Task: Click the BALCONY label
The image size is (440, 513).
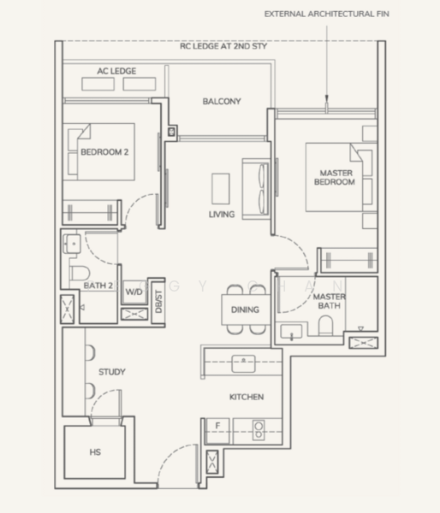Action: [x=222, y=102]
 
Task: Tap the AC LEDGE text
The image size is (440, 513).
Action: [x=116, y=71]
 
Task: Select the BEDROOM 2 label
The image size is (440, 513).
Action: [x=104, y=152]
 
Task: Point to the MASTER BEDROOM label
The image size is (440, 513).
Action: [x=335, y=177]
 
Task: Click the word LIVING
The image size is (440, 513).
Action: [x=222, y=215]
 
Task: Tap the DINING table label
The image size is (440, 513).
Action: [x=245, y=310]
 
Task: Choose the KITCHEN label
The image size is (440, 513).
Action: [x=247, y=397]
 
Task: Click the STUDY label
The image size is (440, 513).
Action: [x=112, y=372]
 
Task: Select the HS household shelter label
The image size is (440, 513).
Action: [x=95, y=452]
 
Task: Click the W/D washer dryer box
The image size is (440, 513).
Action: [x=134, y=292]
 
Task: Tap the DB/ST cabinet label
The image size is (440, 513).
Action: [x=158, y=301]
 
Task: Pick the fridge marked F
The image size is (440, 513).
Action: [x=218, y=431]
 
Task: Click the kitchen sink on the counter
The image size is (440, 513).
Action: [x=243, y=363]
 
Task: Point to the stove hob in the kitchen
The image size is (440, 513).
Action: [x=259, y=430]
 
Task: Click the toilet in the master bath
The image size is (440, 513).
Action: [x=325, y=325]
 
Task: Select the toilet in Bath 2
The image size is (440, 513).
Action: [x=80, y=274]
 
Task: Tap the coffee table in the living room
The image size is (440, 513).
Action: [x=221, y=189]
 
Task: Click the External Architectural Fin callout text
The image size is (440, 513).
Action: [x=327, y=14]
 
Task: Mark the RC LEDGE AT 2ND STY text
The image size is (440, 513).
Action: [x=223, y=46]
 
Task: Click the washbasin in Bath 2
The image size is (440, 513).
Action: [x=72, y=244]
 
